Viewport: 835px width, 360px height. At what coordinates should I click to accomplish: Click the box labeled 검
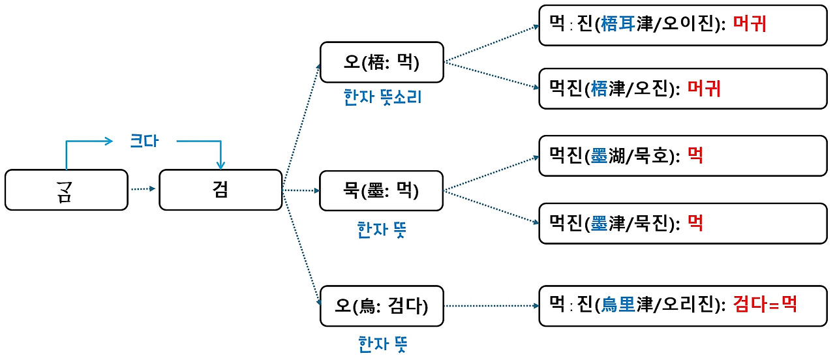[220, 190]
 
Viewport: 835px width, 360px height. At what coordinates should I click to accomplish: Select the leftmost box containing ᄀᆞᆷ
[67, 190]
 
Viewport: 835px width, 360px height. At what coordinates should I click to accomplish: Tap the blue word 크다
[144, 142]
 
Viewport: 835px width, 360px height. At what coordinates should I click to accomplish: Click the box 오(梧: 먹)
[382, 63]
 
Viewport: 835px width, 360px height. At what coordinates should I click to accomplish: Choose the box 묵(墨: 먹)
[382, 191]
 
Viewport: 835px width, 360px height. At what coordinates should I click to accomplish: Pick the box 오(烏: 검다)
[382, 306]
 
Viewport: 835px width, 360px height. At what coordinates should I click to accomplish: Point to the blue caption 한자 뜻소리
[382, 97]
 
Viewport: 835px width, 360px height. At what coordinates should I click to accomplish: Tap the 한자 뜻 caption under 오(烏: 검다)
[382, 344]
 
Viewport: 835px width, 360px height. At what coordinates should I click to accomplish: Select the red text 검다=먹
[765, 304]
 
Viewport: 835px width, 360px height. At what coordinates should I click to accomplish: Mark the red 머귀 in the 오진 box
[704, 88]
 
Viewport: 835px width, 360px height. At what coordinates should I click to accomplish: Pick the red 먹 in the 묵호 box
[695, 157]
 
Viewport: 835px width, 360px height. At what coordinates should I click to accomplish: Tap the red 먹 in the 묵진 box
[695, 224]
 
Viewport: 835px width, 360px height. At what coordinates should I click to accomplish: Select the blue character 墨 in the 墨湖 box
[598, 157]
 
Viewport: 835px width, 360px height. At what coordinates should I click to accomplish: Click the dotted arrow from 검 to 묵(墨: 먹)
[301, 191]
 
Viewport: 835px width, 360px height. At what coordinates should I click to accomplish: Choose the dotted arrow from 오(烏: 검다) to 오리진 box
[491, 305]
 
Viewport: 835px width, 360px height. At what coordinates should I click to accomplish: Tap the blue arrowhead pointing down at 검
[221, 163]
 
